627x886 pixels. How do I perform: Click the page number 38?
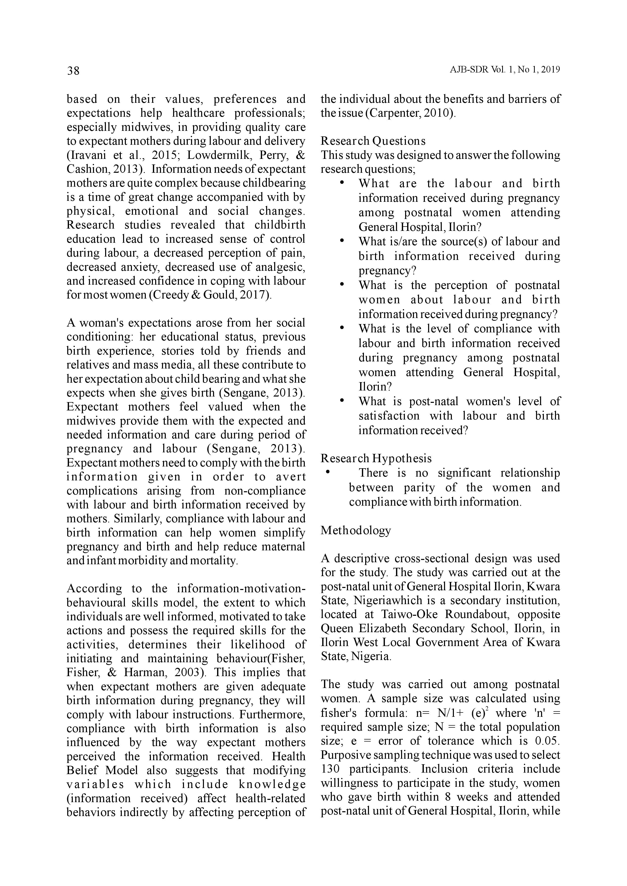pyautogui.click(x=73, y=71)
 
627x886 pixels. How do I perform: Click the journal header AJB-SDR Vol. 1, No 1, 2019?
pyautogui.click(x=505, y=70)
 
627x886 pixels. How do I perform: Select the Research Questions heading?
pyautogui.click(x=373, y=141)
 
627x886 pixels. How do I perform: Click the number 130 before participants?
pyautogui.click(x=330, y=769)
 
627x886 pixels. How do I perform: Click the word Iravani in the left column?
pyautogui.click(x=90, y=155)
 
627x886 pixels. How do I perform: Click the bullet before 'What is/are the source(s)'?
pyautogui.click(x=342, y=241)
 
